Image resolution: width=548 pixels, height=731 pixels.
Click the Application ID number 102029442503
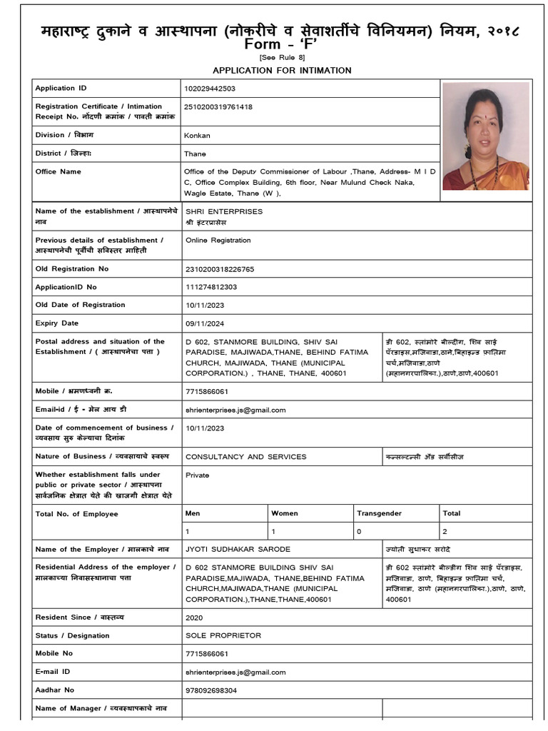point(210,89)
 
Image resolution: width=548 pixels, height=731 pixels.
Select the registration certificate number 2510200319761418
point(218,107)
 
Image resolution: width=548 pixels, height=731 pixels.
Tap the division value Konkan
point(197,135)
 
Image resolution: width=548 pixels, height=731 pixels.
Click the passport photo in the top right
point(486,136)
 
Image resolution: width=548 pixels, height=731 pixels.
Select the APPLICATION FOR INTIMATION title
point(282,70)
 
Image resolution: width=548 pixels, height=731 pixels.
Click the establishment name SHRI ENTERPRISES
point(224,211)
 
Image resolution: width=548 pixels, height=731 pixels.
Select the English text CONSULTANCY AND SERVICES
point(245,457)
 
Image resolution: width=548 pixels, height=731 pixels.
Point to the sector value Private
point(197,475)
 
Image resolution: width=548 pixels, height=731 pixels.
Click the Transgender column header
point(379,513)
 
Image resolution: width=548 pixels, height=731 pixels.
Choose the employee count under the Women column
point(273,532)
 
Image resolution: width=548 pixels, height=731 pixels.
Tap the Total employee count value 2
point(445,532)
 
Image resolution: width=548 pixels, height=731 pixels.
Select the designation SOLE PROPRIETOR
point(223,635)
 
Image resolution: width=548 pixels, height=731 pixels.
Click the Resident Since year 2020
point(193,617)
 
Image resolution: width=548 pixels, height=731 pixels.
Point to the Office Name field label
point(59,171)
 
